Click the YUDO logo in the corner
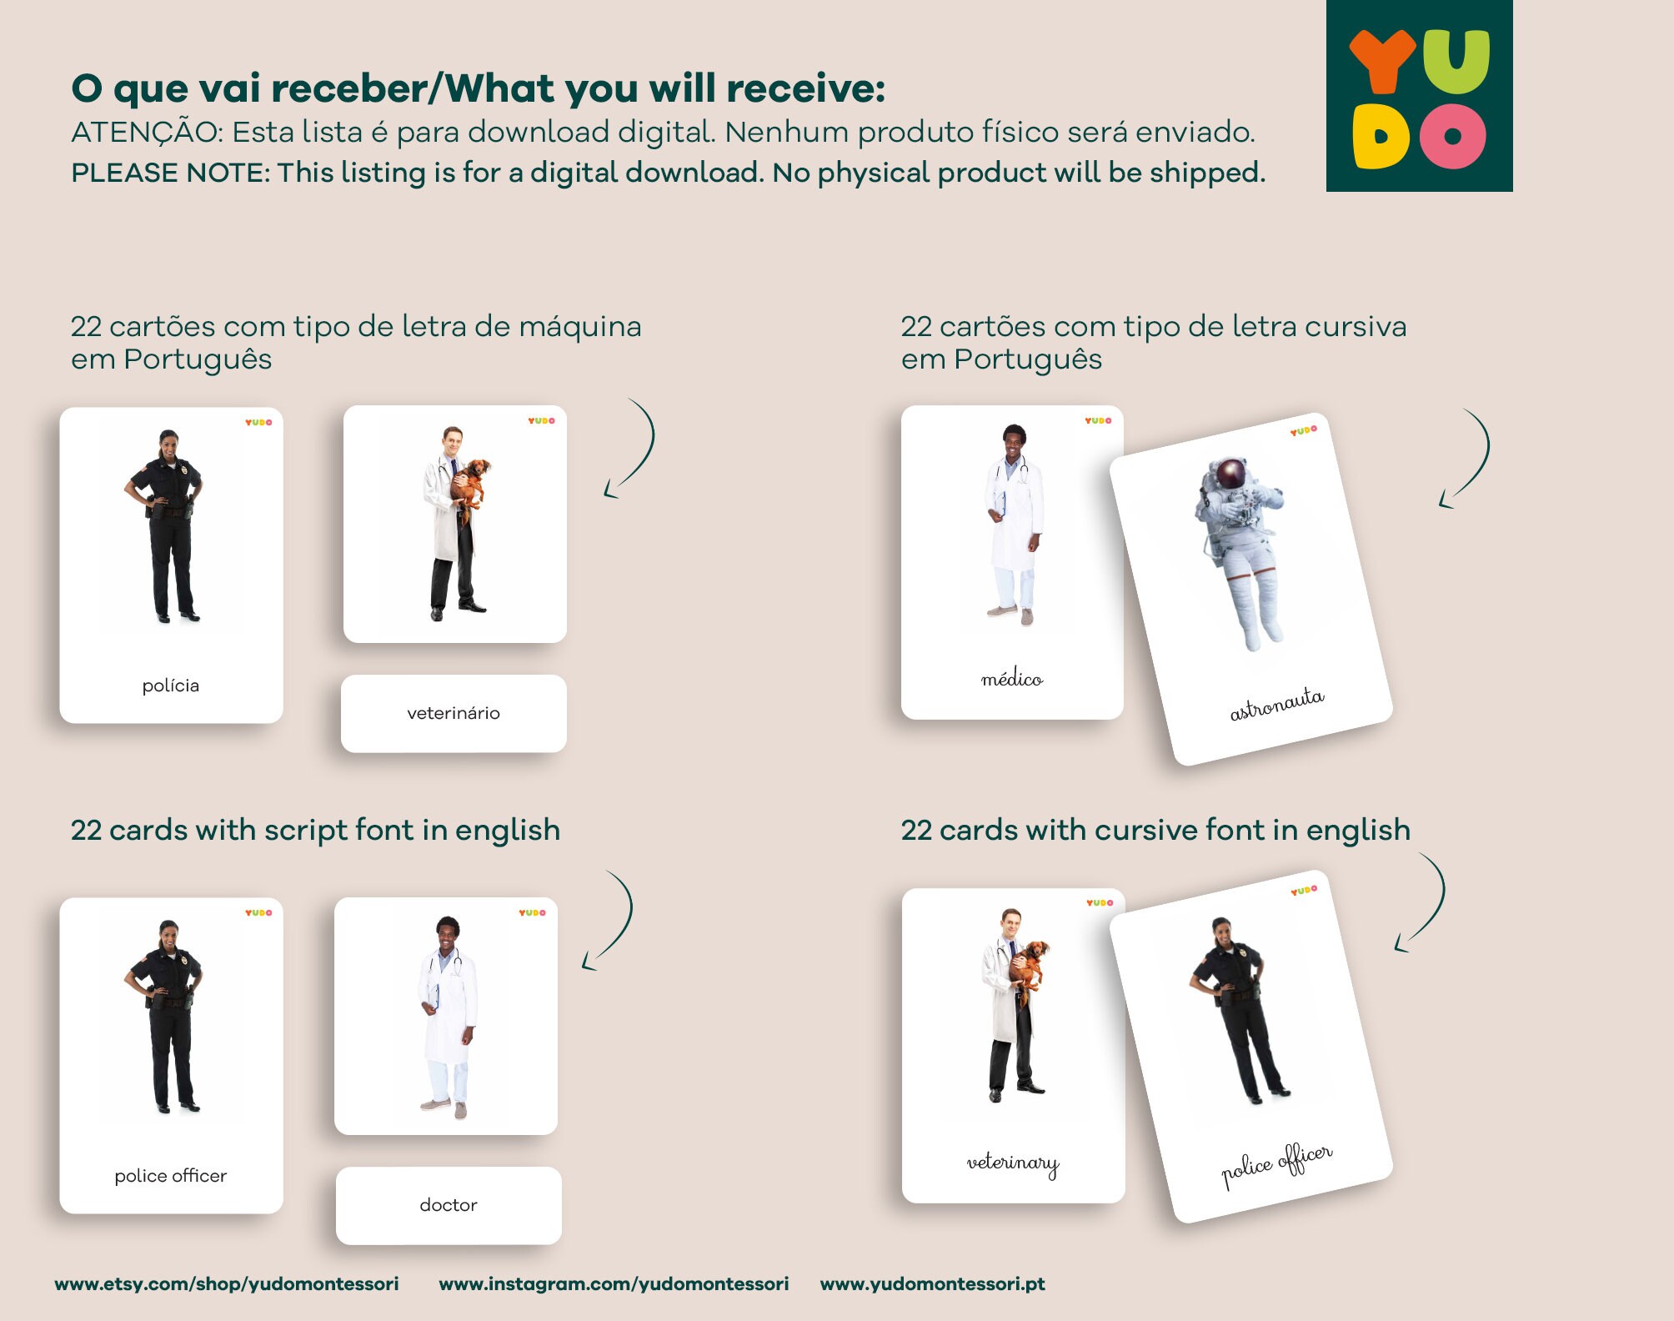[x=1419, y=96]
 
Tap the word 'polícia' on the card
[x=170, y=686]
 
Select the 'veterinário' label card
[x=454, y=713]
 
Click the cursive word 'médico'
[x=1011, y=680]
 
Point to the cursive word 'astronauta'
[x=1276, y=704]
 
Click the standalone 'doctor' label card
[x=449, y=1205]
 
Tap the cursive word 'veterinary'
[x=1012, y=1163]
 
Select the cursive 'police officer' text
[x=1276, y=1164]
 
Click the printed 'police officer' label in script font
[x=170, y=1176]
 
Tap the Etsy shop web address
[x=226, y=1283]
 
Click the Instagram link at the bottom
[x=614, y=1283]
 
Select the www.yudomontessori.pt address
[x=932, y=1283]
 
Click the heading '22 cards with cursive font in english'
[x=1155, y=830]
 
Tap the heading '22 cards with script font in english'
[x=315, y=830]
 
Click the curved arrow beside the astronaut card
[x=1466, y=459]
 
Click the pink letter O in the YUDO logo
[x=1453, y=137]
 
